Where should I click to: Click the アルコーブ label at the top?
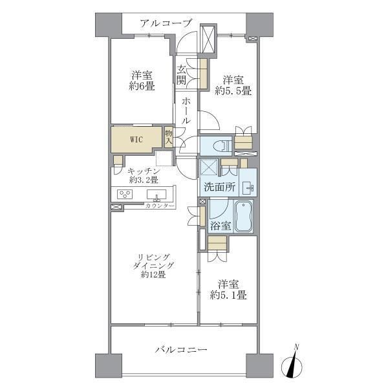coord(167,23)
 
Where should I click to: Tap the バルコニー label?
coord(180,349)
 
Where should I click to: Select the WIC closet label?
coord(136,138)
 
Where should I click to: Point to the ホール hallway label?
coord(186,111)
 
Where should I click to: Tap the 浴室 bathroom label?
coord(221,226)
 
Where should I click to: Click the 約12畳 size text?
coord(152,275)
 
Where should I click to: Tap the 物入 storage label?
coord(169,136)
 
